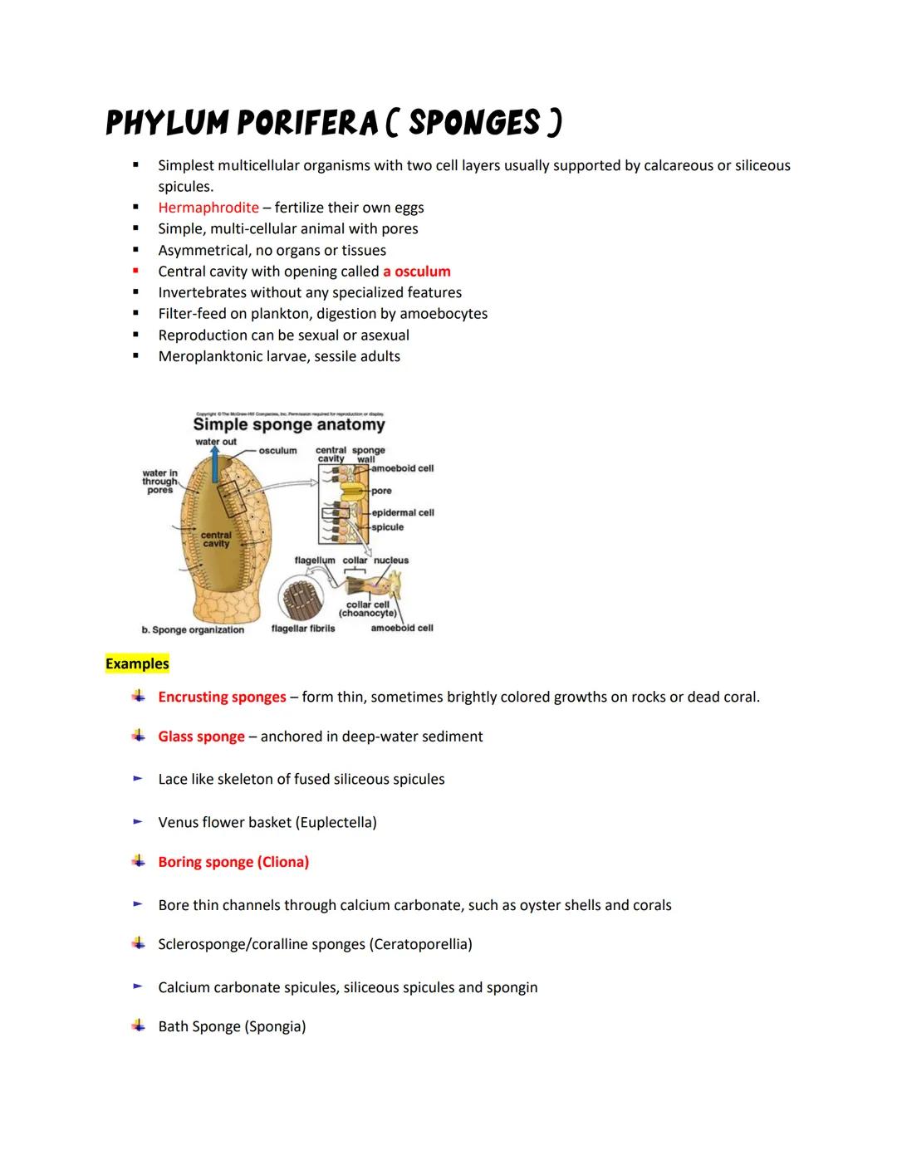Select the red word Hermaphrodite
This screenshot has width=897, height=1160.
coord(208,208)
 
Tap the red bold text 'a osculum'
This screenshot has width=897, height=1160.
coord(416,272)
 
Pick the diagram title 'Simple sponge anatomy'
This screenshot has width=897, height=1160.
coord(289,425)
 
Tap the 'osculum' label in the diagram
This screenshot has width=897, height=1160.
coord(277,451)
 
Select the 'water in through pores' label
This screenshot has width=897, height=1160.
coord(159,482)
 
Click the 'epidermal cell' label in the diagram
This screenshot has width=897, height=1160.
coord(403,512)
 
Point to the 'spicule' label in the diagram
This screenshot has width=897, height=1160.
coord(388,527)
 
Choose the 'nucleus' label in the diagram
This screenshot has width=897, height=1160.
coord(391,560)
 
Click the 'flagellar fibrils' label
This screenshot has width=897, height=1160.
coord(303,629)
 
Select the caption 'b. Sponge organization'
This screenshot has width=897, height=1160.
coord(193,630)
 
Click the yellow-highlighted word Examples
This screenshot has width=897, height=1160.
coord(137,663)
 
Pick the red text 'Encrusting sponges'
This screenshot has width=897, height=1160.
coord(222,697)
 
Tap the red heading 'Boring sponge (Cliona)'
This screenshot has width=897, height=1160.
coord(233,862)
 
